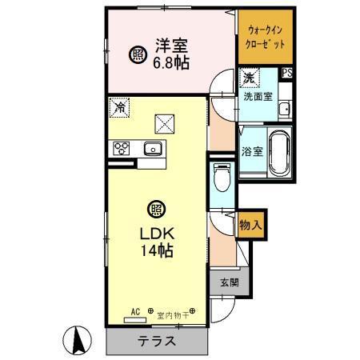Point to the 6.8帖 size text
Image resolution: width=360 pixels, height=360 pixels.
(x=170, y=63)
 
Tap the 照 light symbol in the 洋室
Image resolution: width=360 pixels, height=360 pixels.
(x=138, y=55)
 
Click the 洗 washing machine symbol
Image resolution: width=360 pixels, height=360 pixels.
(x=248, y=78)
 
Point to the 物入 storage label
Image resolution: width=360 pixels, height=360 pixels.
(x=250, y=226)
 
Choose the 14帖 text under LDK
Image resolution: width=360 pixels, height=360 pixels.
(x=158, y=250)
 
